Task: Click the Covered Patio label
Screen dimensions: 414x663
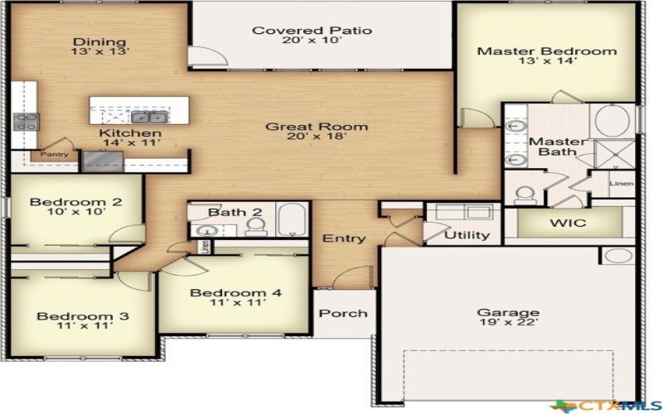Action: coord(312,31)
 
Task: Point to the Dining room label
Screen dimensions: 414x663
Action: coord(99,42)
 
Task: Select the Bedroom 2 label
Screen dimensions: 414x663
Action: coord(76,201)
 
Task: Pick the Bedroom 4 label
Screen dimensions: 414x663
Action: coord(235,292)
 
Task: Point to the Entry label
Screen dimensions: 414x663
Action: coord(344,238)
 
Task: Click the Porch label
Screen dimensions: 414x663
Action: coord(343,313)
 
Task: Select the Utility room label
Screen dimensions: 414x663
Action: coord(467,235)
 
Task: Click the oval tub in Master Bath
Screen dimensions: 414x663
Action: coord(612,121)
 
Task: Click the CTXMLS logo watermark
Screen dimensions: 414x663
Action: coord(608,404)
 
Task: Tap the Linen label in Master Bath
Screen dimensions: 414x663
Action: coord(622,183)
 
